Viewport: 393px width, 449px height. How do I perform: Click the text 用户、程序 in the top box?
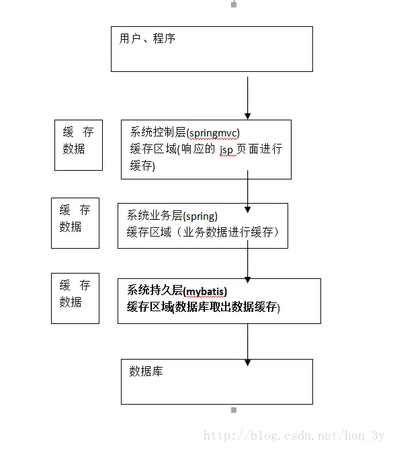pos(147,39)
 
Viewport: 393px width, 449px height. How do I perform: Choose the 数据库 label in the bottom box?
pos(146,371)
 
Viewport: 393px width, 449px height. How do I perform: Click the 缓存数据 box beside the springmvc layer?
pos(78,145)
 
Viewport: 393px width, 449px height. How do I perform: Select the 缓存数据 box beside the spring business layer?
pos(75,222)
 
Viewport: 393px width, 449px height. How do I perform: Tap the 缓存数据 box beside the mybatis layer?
pos(75,298)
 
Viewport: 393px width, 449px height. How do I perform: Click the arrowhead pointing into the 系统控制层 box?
pos(247,116)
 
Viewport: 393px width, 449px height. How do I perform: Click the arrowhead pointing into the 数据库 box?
pos(247,362)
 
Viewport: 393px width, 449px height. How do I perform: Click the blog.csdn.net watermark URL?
pos(294,437)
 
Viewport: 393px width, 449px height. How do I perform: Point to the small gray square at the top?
pos(234,4)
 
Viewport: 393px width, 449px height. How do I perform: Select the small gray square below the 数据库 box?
pos(234,409)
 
